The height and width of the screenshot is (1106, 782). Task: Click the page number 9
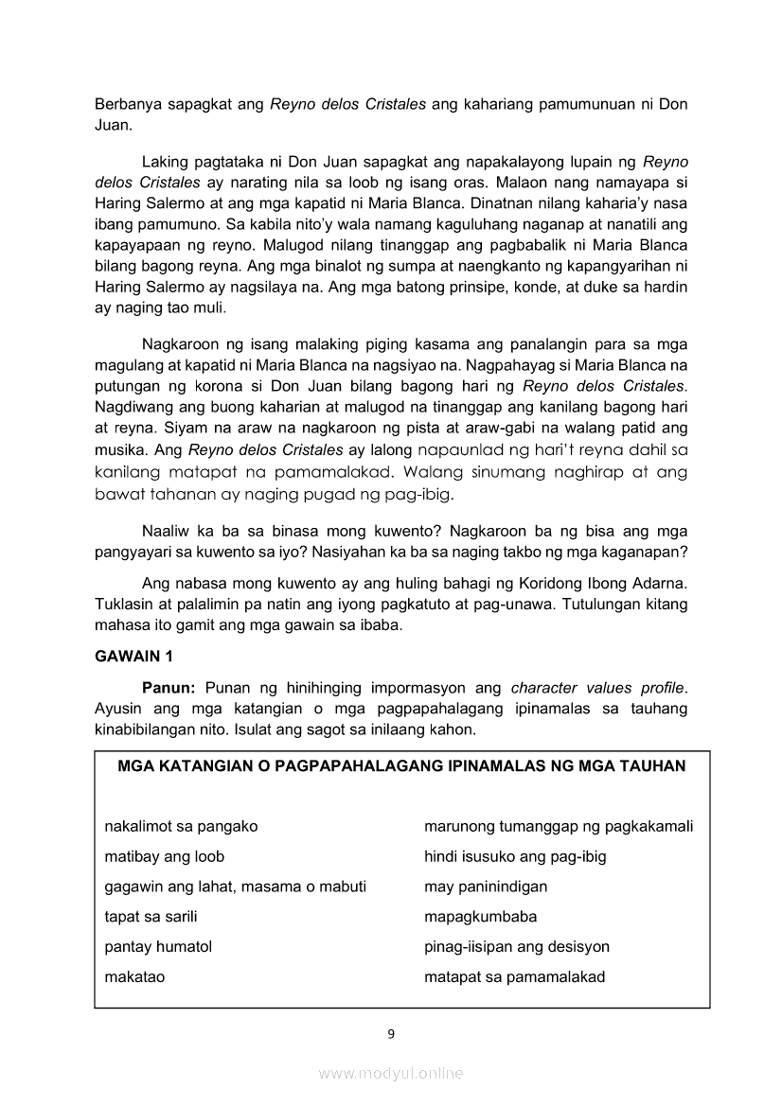coord(391,1033)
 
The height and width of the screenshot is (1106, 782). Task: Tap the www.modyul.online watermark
coord(391,1073)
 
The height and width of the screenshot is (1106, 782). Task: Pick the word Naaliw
coord(166,530)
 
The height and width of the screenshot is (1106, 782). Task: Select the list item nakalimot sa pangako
coord(181,826)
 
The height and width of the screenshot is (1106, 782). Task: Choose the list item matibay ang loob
coord(164,856)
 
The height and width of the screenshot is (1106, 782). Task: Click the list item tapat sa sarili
coord(151,916)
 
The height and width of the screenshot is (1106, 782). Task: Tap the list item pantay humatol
coord(158,946)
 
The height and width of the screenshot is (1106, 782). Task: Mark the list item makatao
coord(134,976)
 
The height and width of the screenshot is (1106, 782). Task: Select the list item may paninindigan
coord(486,887)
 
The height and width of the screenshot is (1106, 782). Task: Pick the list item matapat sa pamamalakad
coord(514,976)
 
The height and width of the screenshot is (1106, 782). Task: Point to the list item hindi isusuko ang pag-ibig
coord(515,856)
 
